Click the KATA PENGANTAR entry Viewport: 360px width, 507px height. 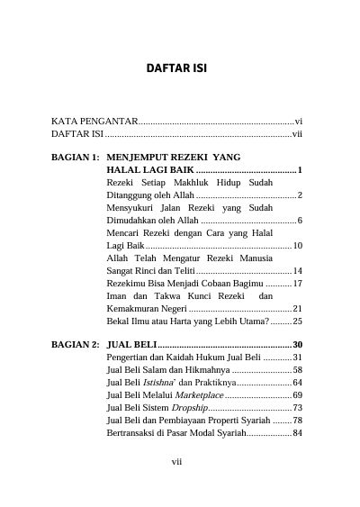(94, 120)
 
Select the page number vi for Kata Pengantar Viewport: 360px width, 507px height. (298, 120)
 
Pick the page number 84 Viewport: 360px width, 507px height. (297, 433)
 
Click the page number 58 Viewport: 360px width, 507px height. (297, 370)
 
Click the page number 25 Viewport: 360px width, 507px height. (297, 321)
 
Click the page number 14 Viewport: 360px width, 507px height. (297, 270)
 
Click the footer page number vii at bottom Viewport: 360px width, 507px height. (177, 462)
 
